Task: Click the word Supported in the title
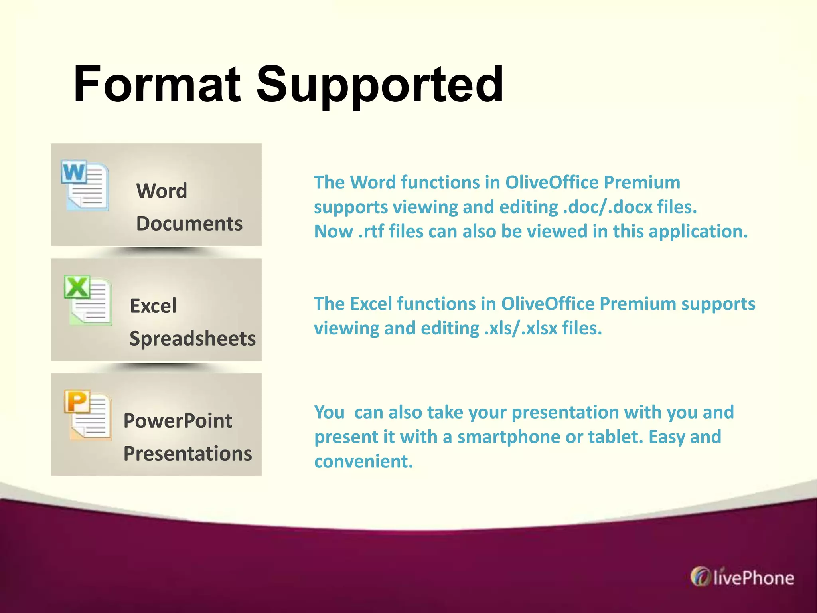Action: pyautogui.click(x=379, y=86)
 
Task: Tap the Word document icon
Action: pyautogui.click(x=85, y=185)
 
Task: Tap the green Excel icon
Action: pyautogui.click(x=88, y=300)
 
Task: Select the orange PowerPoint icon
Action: pyautogui.click(x=88, y=415)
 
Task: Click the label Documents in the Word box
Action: pyautogui.click(x=189, y=223)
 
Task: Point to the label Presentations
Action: pyautogui.click(x=187, y=454)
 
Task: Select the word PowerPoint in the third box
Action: pyautogui.click(x=178, y=421)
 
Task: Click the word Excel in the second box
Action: pyautogui.click(x=153, y=306)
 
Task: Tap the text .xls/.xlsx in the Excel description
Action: pyautogui.click(x=521, y=328)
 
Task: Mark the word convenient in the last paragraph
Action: pyautogui.click(x=363, y=462)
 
